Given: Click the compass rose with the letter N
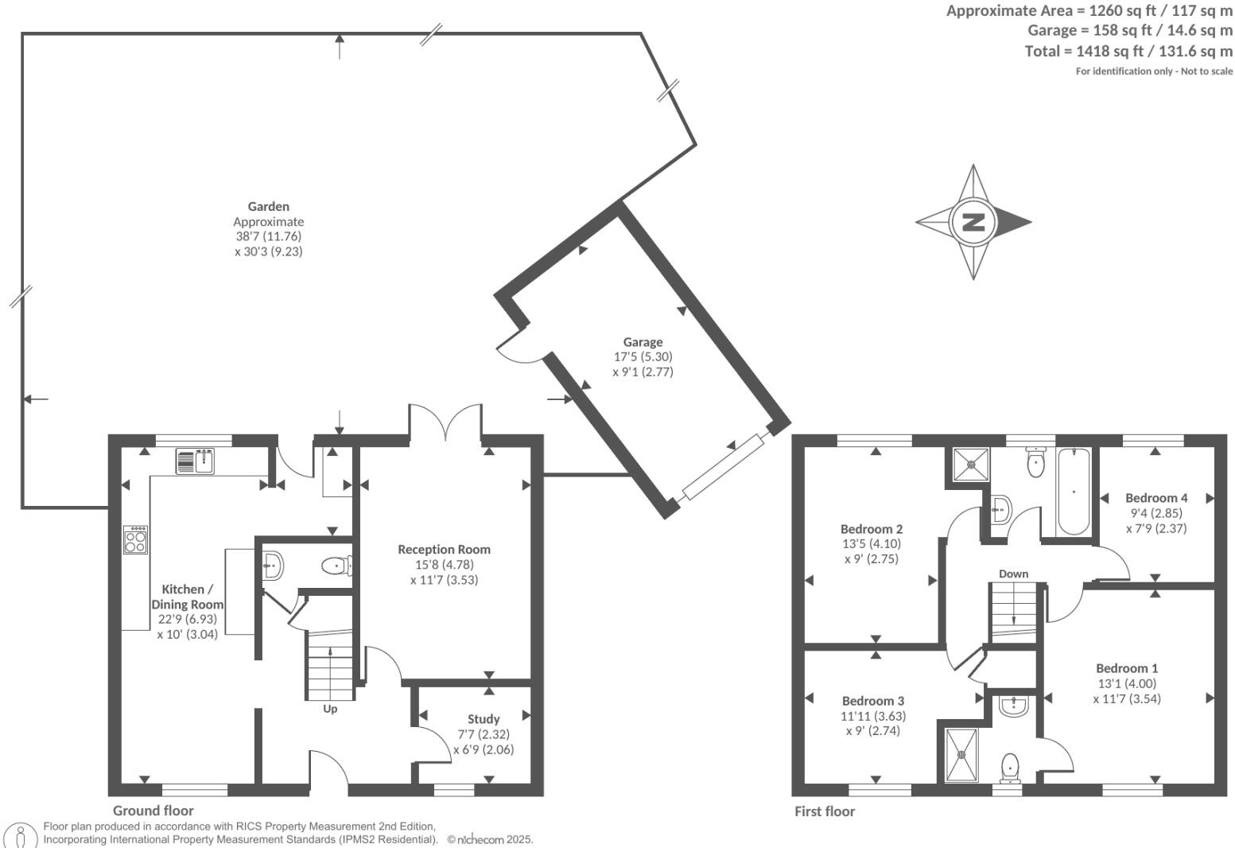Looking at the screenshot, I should coord(973,222).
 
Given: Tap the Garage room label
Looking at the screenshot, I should coord(643,343).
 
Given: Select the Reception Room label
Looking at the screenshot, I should coord(444,550).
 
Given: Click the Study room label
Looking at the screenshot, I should coord(484,719).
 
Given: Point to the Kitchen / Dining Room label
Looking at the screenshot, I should coord(188,597).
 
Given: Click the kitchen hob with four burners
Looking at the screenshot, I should coord(135,540).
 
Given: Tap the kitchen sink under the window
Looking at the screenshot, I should coord(196,461).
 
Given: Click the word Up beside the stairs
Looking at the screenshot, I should coord(330,709).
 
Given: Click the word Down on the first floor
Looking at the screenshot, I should coord(1013,574).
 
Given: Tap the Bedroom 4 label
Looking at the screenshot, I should coord(1155,498).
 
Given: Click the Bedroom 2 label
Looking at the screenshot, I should coord(872,529).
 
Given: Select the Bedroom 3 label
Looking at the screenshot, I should coord(872,701).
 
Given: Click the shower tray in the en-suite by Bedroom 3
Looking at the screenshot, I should coord(963,753).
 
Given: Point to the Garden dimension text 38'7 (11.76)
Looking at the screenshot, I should coord(269,236).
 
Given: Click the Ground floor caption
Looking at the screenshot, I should coord(153,811).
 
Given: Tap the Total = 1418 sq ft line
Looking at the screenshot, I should coord(1128,51).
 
